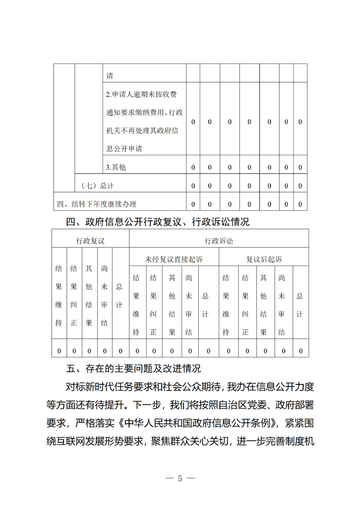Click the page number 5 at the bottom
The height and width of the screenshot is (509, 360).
point(180,478)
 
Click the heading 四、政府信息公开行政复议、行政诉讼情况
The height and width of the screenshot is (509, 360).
point(158,222)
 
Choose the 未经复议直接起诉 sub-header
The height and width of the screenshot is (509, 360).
point(174,259)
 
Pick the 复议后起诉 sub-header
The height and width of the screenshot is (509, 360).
point(264,259)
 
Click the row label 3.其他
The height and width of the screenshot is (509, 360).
point(116,167)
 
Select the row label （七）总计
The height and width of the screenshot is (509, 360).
point(97,185)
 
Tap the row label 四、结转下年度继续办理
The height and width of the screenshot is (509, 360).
point(97,204)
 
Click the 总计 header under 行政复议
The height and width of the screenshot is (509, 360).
point(120,293)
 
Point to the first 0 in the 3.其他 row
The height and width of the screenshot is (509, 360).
point(193,167)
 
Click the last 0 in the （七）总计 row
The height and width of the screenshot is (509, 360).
point(300,186)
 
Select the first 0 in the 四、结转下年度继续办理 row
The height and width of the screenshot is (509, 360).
point(193,204)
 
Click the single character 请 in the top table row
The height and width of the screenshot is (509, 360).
point(109,76)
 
